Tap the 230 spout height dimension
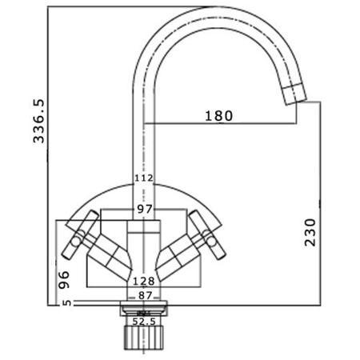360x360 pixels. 312,232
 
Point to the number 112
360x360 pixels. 144,178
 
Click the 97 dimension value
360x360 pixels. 144,209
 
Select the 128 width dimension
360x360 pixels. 144,282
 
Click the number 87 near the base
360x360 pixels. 144,295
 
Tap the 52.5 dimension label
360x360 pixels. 145,321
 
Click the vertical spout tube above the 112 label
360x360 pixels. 144,136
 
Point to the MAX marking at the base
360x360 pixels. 145,311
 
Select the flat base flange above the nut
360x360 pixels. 144,305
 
